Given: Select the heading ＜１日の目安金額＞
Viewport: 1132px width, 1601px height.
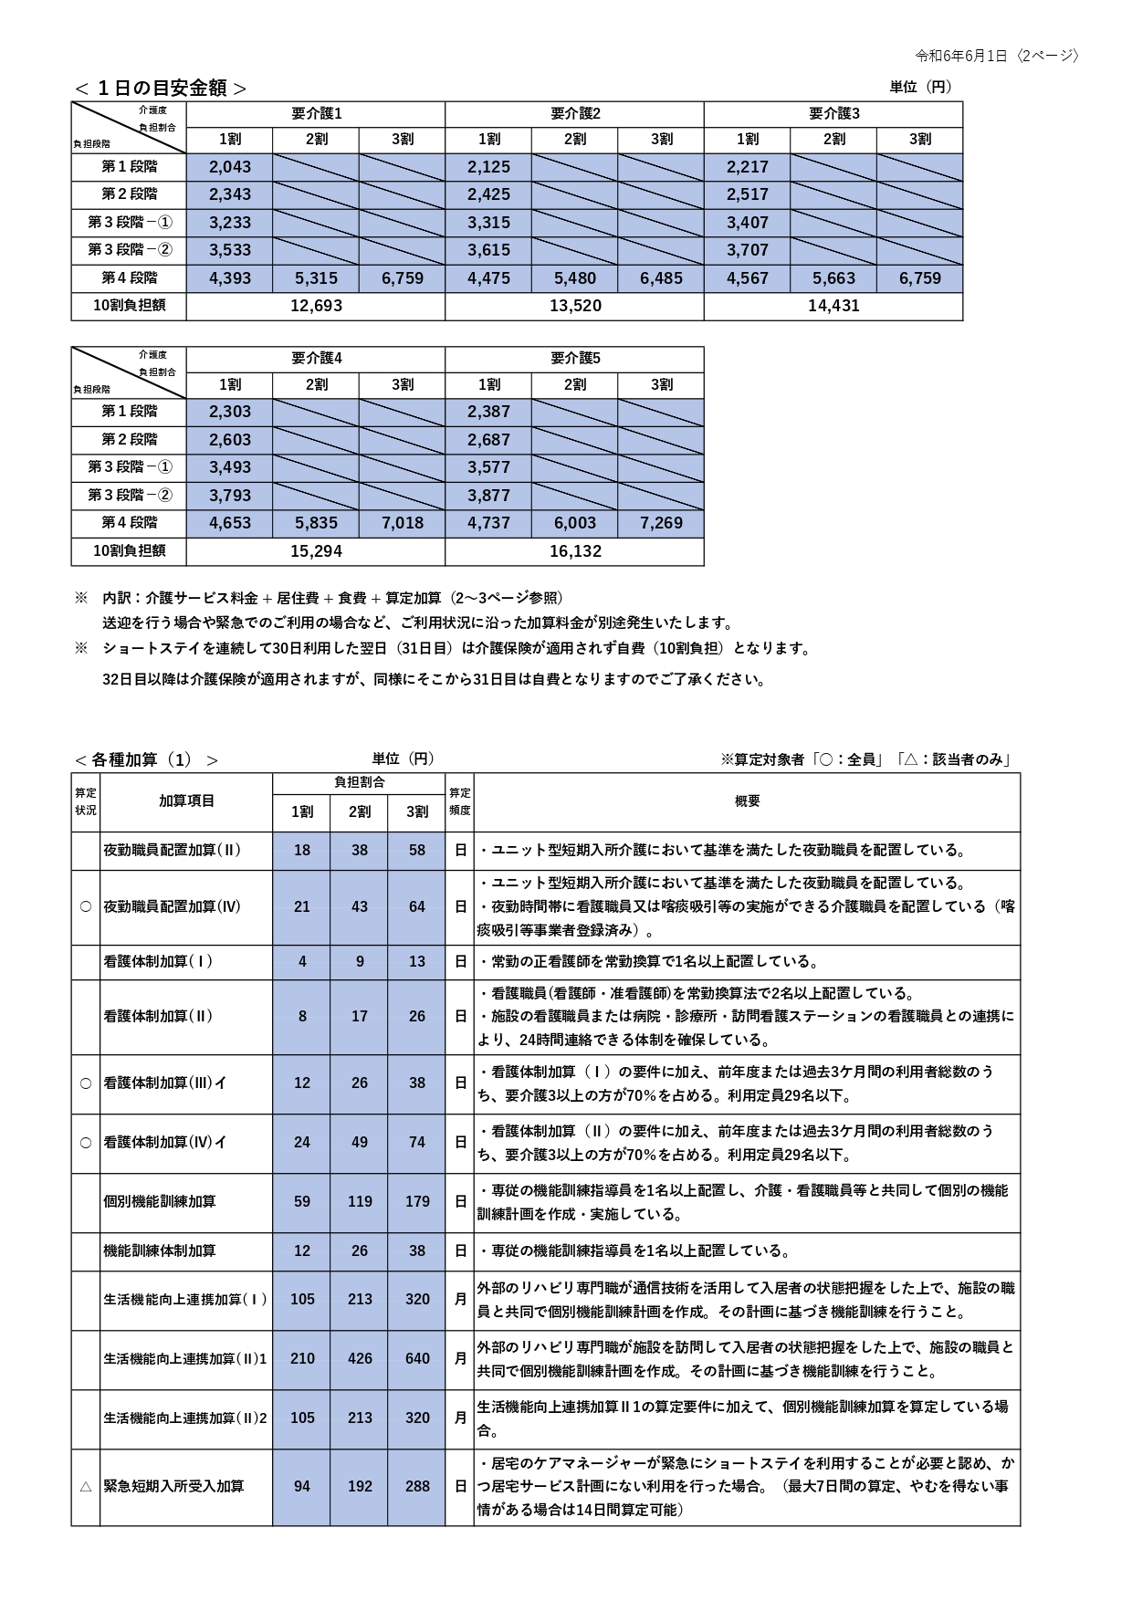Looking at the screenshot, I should point(161,88).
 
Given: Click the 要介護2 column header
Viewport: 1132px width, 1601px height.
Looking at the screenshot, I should point(575,114).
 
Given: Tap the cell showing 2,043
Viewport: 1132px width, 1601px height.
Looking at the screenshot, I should point(230,167).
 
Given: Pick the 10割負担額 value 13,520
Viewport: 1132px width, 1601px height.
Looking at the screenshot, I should point(575,306).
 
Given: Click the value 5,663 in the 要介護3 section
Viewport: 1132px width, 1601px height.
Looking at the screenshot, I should point(833,278).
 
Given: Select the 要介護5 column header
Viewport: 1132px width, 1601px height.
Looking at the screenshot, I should point(575,359).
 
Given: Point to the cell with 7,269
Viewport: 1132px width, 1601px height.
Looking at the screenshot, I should point(661,523).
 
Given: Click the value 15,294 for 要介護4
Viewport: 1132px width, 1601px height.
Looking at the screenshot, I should point(316,551).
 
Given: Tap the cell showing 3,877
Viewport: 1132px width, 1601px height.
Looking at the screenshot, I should point(488,496).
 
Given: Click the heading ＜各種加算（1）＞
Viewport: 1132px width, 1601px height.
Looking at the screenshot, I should point(147,759).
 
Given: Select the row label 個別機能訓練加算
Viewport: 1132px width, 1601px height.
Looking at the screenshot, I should point(160,1201).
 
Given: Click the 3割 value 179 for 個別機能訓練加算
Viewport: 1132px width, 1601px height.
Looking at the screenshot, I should point(417,1201).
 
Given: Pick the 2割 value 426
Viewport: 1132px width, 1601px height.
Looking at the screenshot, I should point(360,1358).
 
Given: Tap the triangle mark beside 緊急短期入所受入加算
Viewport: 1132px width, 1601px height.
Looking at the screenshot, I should point(86,1486).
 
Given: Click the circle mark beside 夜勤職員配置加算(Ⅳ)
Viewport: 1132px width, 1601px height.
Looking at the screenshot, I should point(86,906).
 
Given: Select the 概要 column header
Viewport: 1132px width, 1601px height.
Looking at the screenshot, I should point(747,800).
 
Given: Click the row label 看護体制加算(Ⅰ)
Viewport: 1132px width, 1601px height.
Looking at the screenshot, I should point(159,961).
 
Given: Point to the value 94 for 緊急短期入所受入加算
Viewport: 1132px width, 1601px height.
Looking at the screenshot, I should point(302,1486).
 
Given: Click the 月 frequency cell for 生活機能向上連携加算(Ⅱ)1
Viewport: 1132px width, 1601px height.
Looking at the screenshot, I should point(460,1358).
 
